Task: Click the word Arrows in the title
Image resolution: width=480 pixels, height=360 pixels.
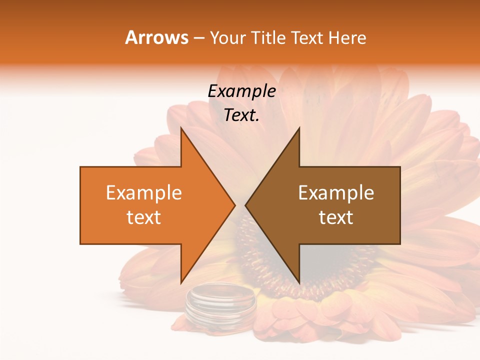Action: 157,37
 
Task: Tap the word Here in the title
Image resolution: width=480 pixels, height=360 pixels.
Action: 347,38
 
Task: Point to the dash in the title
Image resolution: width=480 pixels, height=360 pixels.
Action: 199,38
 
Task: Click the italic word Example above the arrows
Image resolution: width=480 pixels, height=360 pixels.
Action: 241,91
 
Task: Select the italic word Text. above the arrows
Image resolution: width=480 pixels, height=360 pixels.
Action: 241,115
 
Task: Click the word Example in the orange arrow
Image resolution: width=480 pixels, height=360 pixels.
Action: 143,193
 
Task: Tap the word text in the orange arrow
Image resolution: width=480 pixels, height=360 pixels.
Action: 143,217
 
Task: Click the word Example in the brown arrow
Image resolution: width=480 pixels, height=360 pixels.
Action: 336,193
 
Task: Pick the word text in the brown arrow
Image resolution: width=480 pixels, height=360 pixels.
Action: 336,217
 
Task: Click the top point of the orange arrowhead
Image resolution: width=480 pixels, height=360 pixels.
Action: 181,129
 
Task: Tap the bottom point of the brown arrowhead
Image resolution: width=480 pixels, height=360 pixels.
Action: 299,282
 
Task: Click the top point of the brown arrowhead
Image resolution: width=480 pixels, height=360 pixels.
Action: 299,129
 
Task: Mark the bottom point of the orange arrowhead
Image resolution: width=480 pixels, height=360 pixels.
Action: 181,282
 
